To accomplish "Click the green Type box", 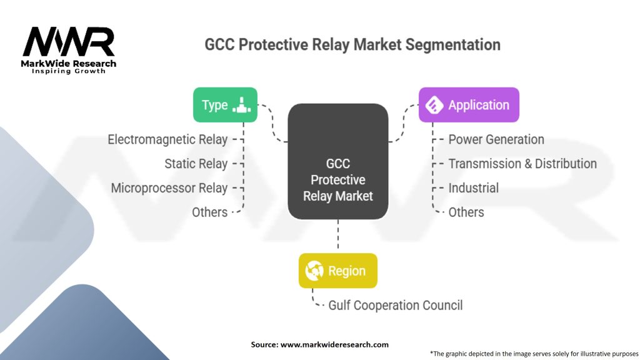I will pyautogui.click(x=225, y=105).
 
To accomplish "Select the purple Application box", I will pyautogui.click(x=469, y=105).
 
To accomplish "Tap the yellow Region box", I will pyautogui.click(x=337, y=271).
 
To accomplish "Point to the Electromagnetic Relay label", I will pyautogui.click(x=167, y=139).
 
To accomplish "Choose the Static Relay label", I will pyautogui.click(x=196, y=164).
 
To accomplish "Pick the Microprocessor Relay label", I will pyautogui.click(x=169, y=188).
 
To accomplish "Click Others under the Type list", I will pyautogui.click(x=209, y=212).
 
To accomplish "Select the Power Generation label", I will pyautogui.click(x=496, y=139).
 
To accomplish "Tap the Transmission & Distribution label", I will pyautogui.click(x=522, y=164).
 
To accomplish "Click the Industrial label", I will pyautogui.click(x=473, y=188).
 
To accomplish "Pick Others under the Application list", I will pyautogui.click(x=466, y=212).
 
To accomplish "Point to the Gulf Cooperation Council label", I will pyautogui.click(x=396, y=306).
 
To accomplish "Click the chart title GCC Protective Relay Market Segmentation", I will pyautogui.click(x=352, y=45).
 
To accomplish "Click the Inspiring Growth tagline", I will pyautogui.click(x=69, y=71).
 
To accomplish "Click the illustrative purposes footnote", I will pyautogui.click(x=534, y=353).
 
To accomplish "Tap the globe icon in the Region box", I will pyautogui.click(x=314, y=271).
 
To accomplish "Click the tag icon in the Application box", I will pyautogui.click(x=434, y=105).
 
